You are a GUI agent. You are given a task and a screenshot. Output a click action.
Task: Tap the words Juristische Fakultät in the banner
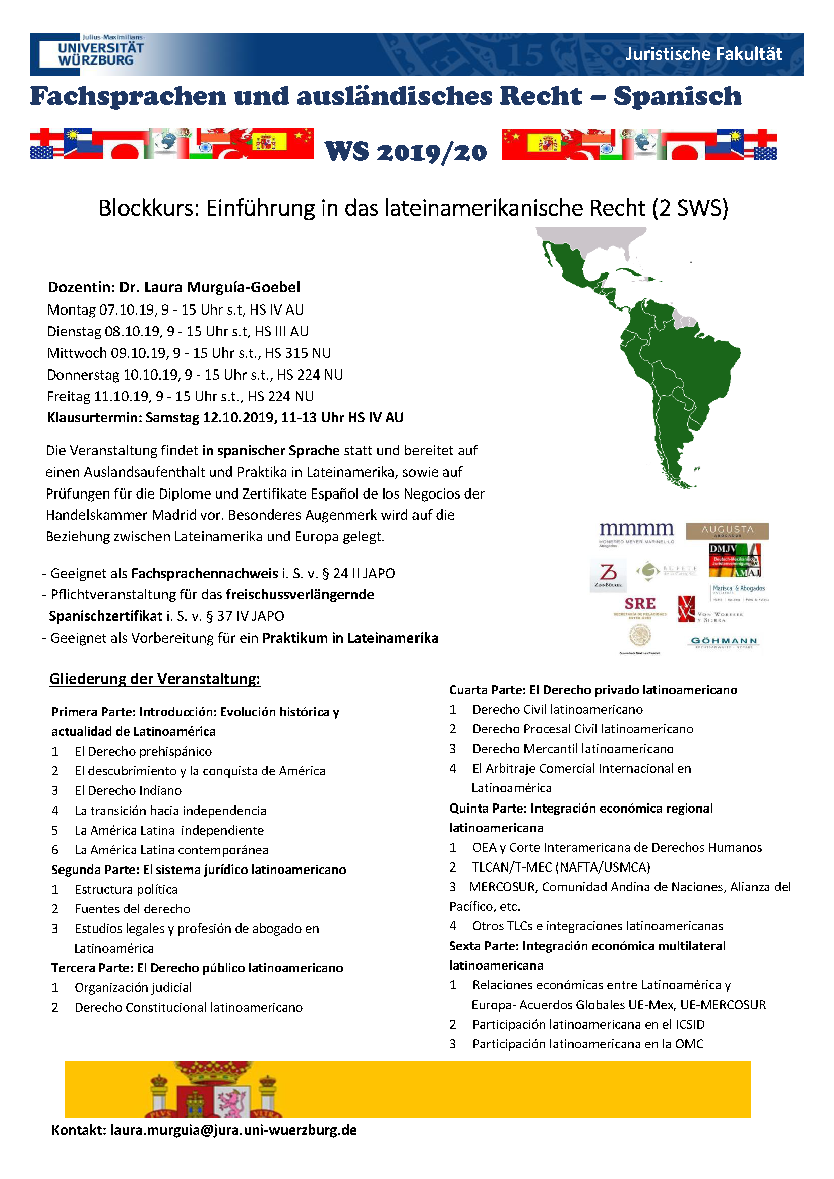pyautogui.click(x=703, y=54)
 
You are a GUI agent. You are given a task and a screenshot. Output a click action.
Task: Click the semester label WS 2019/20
pyautogui.click(x=406, y=152)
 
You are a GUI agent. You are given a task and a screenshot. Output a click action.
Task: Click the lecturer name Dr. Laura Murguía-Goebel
pyautogui.click(x=210, y=287)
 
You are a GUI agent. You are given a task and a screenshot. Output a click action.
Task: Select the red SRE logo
pyautogui.click(x=639, y=604)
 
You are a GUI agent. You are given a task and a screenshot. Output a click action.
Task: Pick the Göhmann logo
pyautogui.click(x=724, y=642)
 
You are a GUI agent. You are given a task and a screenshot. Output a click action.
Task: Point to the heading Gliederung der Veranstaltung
pyautogui.click(x=155, y=679)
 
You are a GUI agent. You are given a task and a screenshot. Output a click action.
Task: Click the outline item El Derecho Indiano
pyautogui.click(x=128, y=791)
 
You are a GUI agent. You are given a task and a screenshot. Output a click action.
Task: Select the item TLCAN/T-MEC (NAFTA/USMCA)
pyautogui.click(x=561, y=867)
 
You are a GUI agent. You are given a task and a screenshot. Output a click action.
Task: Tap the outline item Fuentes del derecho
pyautogui.click(x=132, y=909)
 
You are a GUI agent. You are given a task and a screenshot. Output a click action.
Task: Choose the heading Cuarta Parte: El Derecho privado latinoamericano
pyautogui.click(x=593, y=690)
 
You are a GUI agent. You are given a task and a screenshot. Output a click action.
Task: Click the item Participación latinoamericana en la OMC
pyautogui.click(x=587, y=1044)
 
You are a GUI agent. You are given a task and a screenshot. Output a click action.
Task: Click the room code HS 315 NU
pyautogui.click(x=298, y=353)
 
